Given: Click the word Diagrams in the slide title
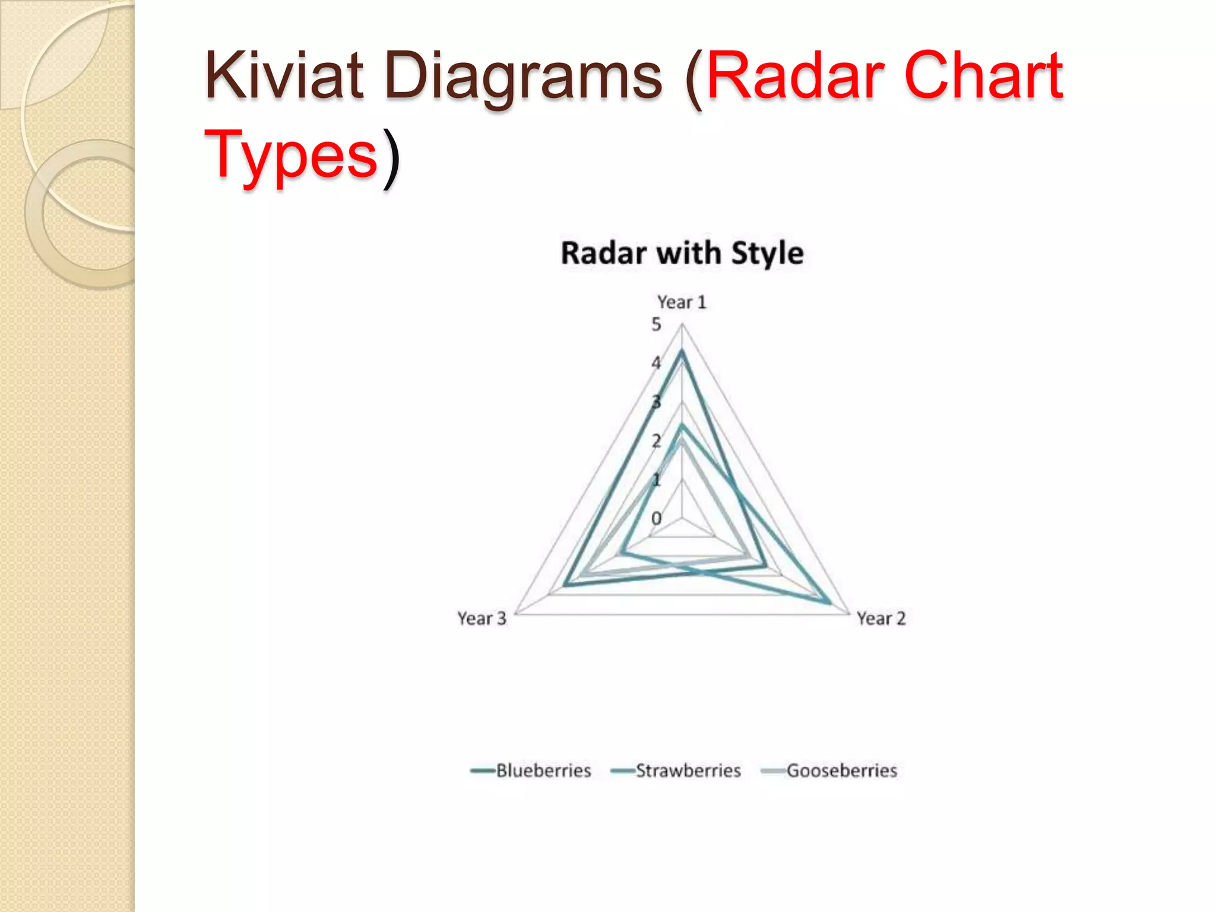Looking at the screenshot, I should [x=522, y=77].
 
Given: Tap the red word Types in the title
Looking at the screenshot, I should [x=291, y=156].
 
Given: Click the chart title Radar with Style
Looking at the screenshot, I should [x=682, y=254].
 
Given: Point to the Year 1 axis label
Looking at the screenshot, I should [x=682, y=302].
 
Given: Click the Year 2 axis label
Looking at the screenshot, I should [x=881, y=619].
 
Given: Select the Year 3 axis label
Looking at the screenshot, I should [x=482, y=619].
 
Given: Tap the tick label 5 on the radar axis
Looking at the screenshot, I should [x=656, y=325].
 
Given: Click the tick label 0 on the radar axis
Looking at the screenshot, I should [x=656, y=518].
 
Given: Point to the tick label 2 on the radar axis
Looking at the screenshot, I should [x=656, y=441].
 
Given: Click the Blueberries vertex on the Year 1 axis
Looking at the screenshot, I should [x=682, y=351].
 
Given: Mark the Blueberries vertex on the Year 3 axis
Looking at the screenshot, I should [x=565, y=585].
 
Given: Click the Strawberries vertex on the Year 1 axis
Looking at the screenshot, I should [x=682, y=425].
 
